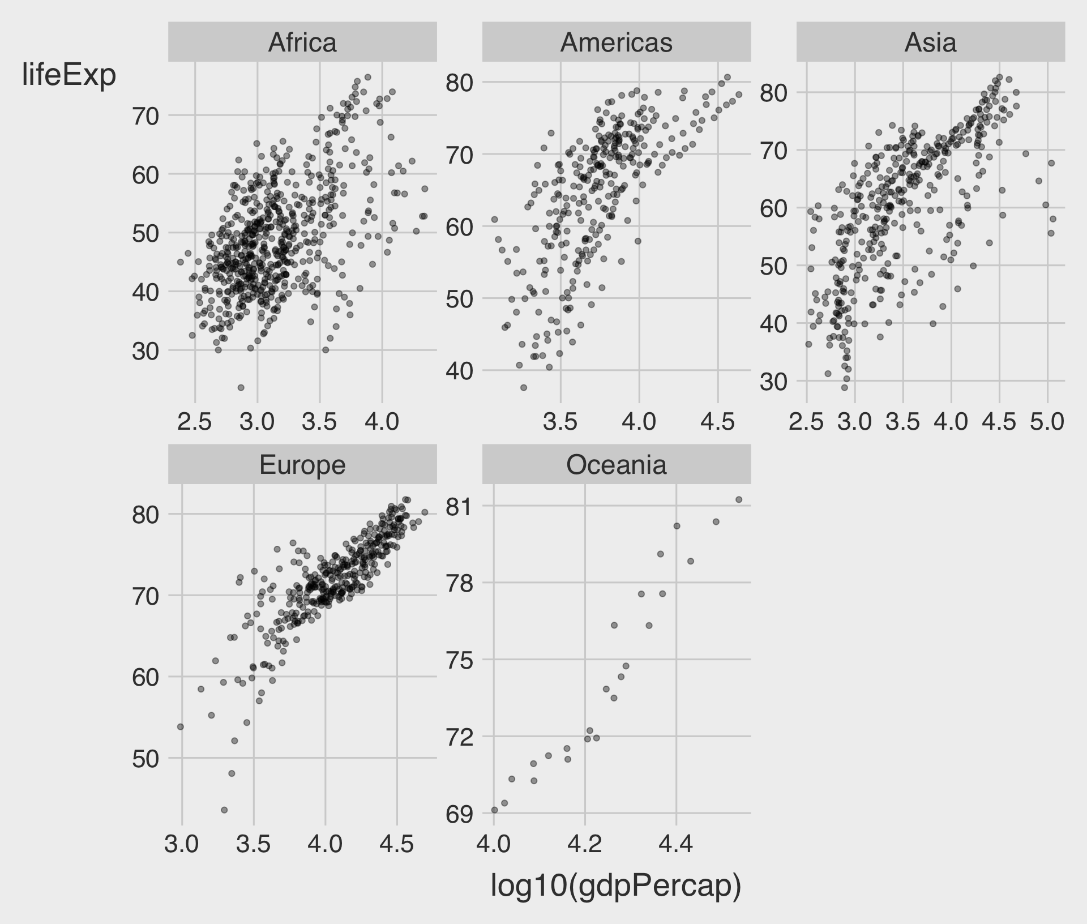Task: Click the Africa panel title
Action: [302, 42]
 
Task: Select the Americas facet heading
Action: [616, 42]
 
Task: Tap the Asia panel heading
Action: [930, 42]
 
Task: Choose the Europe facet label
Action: [302, 465]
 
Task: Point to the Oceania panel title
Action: [616, 465]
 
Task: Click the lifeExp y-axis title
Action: [69, 75]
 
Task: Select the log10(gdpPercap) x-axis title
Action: [616, 885]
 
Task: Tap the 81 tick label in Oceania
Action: [459, 506]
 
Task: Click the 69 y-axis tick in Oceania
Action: [459, 814]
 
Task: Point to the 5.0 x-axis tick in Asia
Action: [1047, 422]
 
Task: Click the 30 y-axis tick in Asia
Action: [773, 382]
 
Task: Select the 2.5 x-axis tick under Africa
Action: [195, 422]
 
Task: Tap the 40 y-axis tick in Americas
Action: [459, 371]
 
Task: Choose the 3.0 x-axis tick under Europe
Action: [182, 844]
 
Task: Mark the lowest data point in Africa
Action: [241, 388]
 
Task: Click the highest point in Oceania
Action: [738, 499]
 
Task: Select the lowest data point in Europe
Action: [224, 810]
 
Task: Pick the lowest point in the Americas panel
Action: [524, 388]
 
